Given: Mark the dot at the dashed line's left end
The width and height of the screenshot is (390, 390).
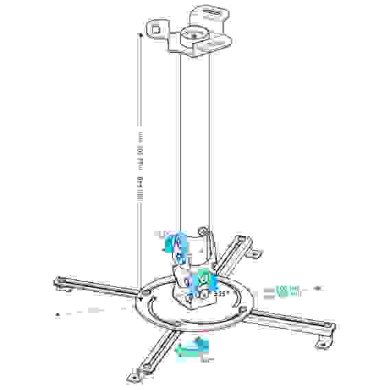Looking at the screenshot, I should click(x=58, y=314).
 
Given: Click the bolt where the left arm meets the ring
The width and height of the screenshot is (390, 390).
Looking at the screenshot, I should click(x=146, y=292).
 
